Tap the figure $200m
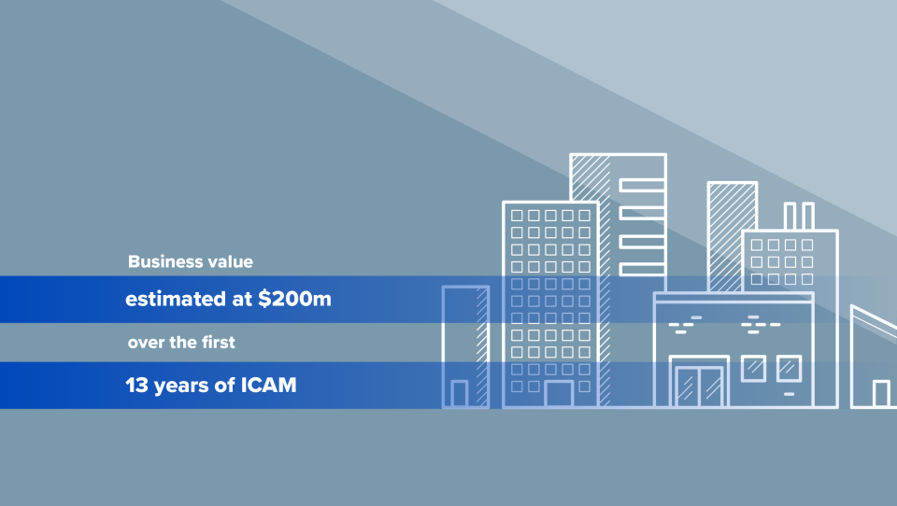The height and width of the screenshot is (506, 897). point(296,301)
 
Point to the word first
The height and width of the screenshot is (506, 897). point(216,343)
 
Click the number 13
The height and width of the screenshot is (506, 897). point(136,384)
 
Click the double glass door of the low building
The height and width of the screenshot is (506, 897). point(699,387)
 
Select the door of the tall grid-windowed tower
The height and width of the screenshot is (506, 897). point(559,394)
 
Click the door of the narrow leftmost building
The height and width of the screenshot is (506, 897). point(460,394)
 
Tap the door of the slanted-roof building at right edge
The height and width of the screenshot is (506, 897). point(881,394)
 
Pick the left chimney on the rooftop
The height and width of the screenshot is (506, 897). point(790,216)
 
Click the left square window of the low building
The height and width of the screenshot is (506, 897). point(753,368)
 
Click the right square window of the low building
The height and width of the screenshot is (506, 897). point(789,368)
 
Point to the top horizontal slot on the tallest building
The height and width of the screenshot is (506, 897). point(642,183)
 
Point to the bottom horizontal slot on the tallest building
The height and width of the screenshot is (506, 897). point(642,269)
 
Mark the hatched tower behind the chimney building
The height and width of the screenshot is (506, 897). point(732,233)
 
